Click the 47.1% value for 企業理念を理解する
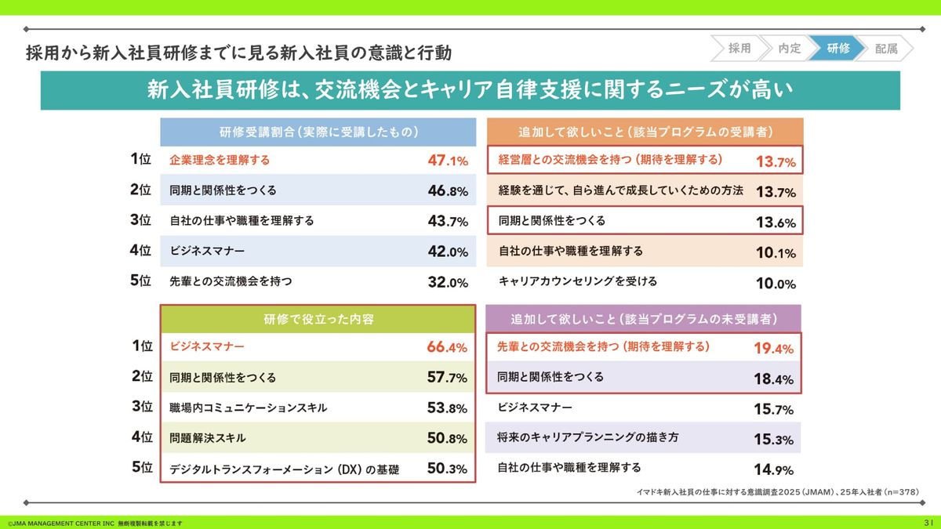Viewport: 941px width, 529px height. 448,161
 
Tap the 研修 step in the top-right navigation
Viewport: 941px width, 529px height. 837,49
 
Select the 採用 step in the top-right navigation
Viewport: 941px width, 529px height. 739,49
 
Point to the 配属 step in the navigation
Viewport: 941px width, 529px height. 886,49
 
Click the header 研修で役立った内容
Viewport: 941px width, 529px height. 318,319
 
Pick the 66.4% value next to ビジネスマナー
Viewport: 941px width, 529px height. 447,347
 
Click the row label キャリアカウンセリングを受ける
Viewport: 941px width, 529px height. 578,281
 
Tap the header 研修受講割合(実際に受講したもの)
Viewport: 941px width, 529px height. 318,132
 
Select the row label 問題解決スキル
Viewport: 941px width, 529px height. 208,437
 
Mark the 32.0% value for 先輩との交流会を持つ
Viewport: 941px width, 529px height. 448,282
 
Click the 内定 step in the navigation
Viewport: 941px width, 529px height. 789,49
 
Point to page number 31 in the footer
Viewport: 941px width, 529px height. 928,522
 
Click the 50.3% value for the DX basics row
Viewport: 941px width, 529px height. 447,469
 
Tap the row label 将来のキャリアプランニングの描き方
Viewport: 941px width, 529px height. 588,437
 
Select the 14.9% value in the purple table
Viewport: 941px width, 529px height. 773,469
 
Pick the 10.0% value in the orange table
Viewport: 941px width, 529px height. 776,283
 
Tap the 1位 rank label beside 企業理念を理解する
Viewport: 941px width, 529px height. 141,159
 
